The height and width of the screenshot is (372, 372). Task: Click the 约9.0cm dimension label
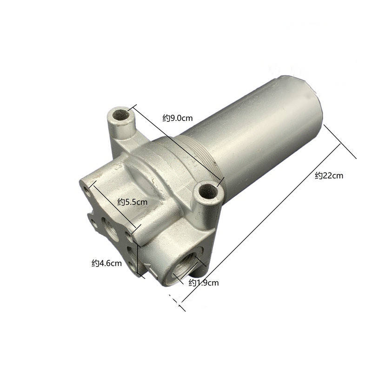(x=178, y=118)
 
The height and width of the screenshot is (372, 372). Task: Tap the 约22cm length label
(x=329, y=176)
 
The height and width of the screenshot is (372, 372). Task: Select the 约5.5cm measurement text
(x=133, y=202)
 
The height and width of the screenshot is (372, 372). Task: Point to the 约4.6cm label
(x=107, y=263)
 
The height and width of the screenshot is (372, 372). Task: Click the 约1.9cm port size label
(x=204, y=283)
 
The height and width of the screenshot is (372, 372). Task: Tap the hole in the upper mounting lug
(x=121, y=115)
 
